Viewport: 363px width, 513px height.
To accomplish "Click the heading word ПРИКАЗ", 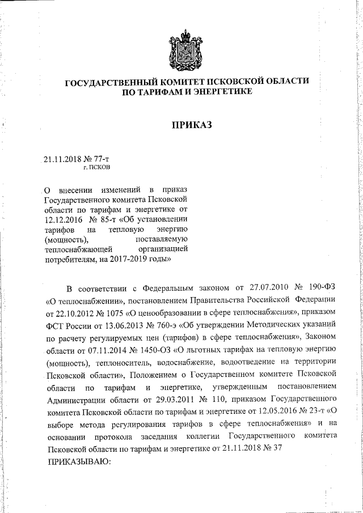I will [192, 125].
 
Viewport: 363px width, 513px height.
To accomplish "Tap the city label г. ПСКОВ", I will [96, 168].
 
